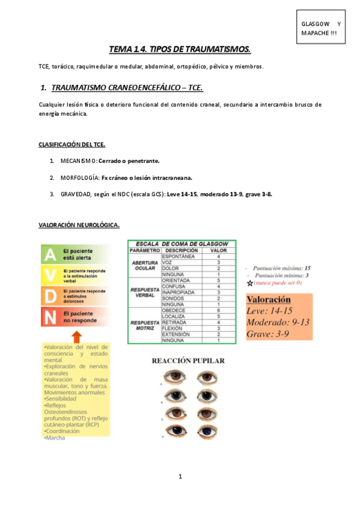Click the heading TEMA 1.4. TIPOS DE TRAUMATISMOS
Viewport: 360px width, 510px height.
(x=179, y=49)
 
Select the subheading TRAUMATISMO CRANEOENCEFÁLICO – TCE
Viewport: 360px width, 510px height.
(x=127, y=88)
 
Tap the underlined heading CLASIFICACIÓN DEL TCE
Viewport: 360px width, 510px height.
(x=72, y=145)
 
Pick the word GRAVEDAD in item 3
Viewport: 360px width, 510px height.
(x=76, y=194)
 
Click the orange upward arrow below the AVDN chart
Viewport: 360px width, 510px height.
(x=76, y=336)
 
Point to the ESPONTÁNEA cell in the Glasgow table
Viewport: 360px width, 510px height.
(x=178, y=256)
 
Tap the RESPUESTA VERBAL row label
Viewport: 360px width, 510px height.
(x=145, y=292)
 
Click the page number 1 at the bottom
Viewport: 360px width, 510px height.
(x=180, y=476)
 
